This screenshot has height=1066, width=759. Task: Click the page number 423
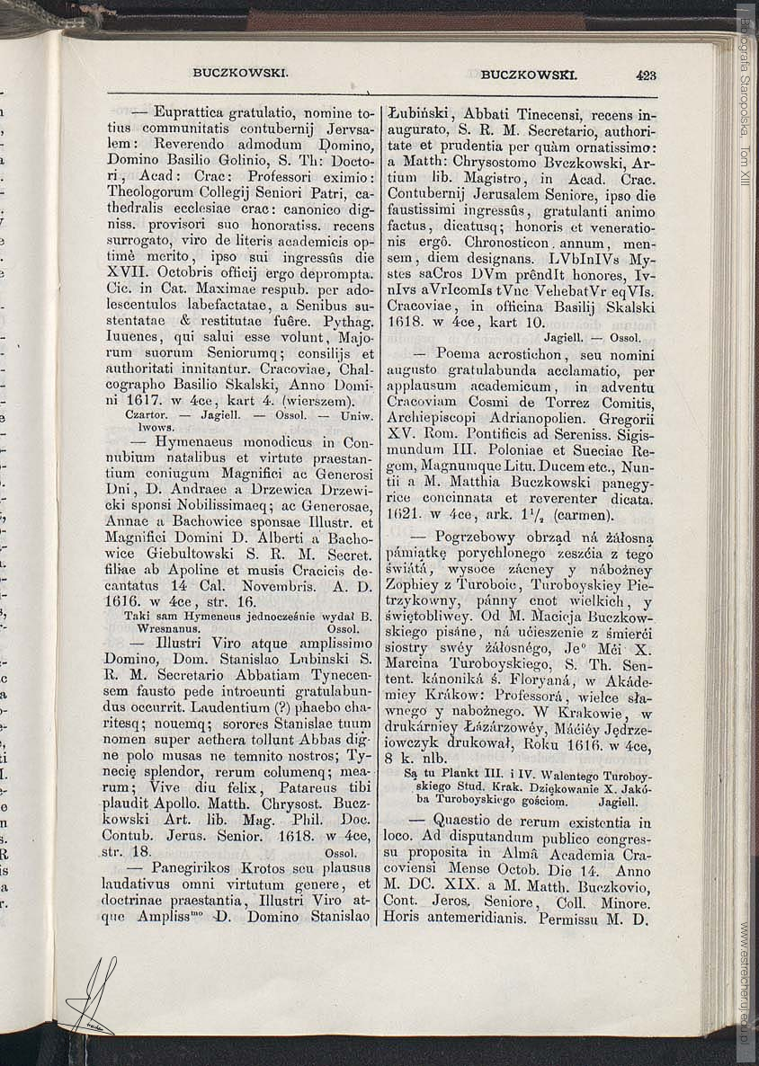click(645, 76)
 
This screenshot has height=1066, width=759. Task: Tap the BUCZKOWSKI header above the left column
click(240, 75)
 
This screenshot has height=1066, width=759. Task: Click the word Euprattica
click(189, 114)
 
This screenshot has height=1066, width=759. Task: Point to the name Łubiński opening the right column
click(416, 115)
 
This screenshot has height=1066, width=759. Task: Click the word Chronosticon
click(506, 243)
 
